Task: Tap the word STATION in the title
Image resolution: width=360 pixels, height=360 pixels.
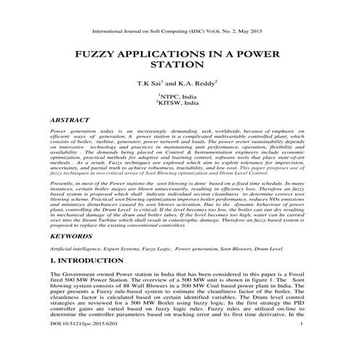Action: tap(179, 68)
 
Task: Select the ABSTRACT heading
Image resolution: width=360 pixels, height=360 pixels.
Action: tap(71, 117)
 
